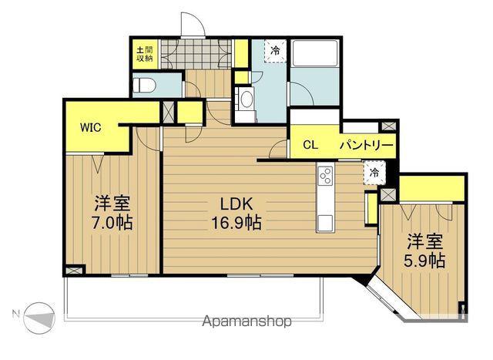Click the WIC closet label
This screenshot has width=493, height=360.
pyautogui.click(x=91, y=127)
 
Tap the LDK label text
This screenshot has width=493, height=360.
pyautogui.click(x=236, y=204)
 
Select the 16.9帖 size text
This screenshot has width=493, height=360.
pyautogui.click(x=236, y=223)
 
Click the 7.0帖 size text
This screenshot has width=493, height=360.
pyautogui.click(x=112, y=223)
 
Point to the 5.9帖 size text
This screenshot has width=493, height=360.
pyautogui.click(x=424, y=261)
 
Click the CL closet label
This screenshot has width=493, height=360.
pyautogui.click(x=310, y=145)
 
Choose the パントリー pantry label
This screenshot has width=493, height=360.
pyautogui.click(x=367, y=145)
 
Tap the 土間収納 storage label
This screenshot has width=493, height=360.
pyautogui.click(x=145, y=54)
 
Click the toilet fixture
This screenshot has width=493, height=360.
pyautogui.click(x=144, y=86)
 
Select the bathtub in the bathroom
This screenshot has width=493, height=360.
pyautogui.click(x=315, y=53)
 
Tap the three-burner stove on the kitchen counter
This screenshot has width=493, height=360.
pyautogui.click(x=325, y=176)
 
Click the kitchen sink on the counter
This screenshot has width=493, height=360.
pyautogui.click(x=325, y=223)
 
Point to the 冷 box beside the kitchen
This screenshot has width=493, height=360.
pyautogui.click(x=374, y=172)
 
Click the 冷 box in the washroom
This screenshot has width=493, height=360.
pyautogui.click(x=275, y=50)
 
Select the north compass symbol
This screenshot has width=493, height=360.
pyautogui.click(x=39, y=318)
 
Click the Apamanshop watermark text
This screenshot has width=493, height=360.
pyautogui.click(x=246, y=321)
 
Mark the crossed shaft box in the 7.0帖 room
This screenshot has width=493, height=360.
pyautogui.click(x=73, y=271)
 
